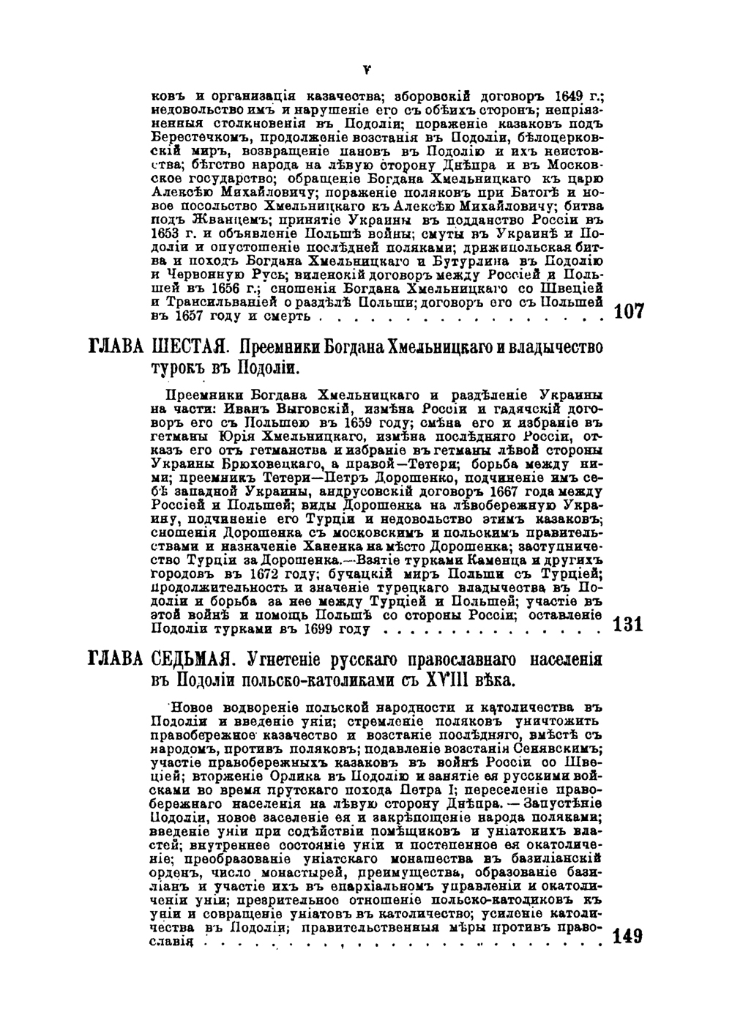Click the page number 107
(630, 311)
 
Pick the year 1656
(201, 288)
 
